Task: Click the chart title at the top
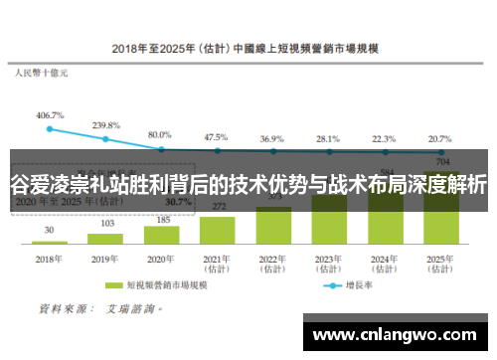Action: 249,47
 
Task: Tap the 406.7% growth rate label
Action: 50,115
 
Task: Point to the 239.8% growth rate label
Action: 106,125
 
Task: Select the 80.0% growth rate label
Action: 160,134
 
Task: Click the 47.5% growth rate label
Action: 216,136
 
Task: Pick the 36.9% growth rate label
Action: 272,138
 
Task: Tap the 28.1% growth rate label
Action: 328,138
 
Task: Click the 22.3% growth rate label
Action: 384,138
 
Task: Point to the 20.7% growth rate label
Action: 439,138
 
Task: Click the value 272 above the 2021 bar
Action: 217,206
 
